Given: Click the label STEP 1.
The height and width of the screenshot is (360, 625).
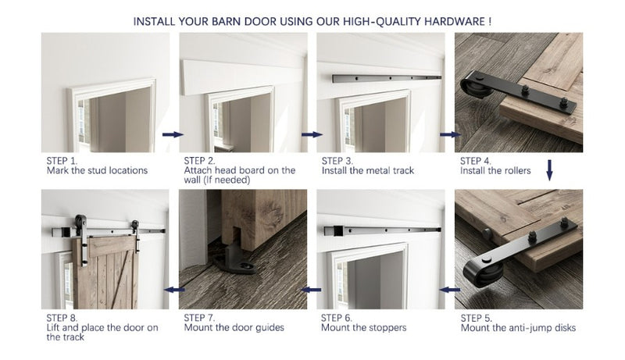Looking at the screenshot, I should [62, 160].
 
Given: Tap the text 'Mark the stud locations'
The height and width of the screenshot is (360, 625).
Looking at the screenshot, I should [97, 170].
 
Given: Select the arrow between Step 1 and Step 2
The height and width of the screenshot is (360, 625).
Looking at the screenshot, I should [172, 134].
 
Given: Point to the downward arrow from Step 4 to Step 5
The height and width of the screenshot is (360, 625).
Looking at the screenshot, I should [549, 170].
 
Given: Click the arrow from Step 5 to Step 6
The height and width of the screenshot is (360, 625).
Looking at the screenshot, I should [448, 290].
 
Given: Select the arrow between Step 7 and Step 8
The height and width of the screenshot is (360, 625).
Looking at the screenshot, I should [172, 290].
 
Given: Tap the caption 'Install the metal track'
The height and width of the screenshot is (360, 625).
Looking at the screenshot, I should [367, 170].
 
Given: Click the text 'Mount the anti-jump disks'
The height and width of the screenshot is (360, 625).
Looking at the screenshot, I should [518, 328].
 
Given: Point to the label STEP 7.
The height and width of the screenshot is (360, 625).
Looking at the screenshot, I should [200, 318].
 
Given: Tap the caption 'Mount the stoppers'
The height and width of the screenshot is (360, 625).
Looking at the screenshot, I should [363, 328].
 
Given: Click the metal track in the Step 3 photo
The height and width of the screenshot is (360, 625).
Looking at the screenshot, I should [387, 80].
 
